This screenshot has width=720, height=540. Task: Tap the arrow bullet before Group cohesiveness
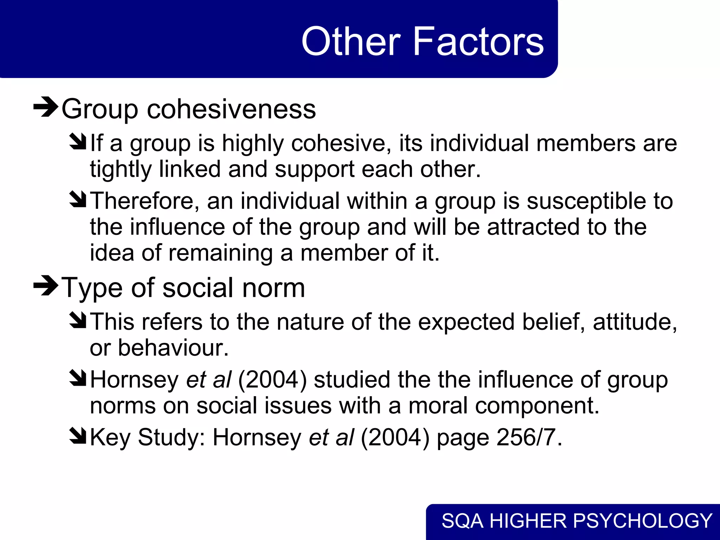pos(45,107)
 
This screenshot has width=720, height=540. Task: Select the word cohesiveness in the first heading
pos(231,109)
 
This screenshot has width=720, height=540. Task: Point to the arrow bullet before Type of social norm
pos(45,286)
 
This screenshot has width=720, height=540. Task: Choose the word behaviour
pos(173,348)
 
